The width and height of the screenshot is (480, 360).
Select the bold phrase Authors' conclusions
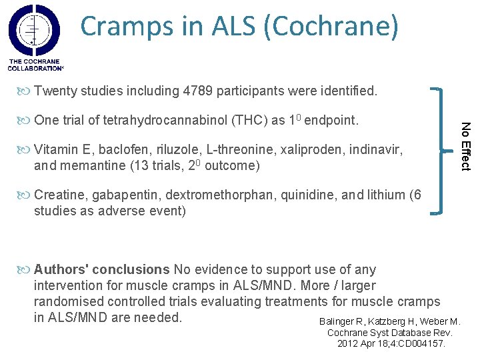[x=102, y=270]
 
